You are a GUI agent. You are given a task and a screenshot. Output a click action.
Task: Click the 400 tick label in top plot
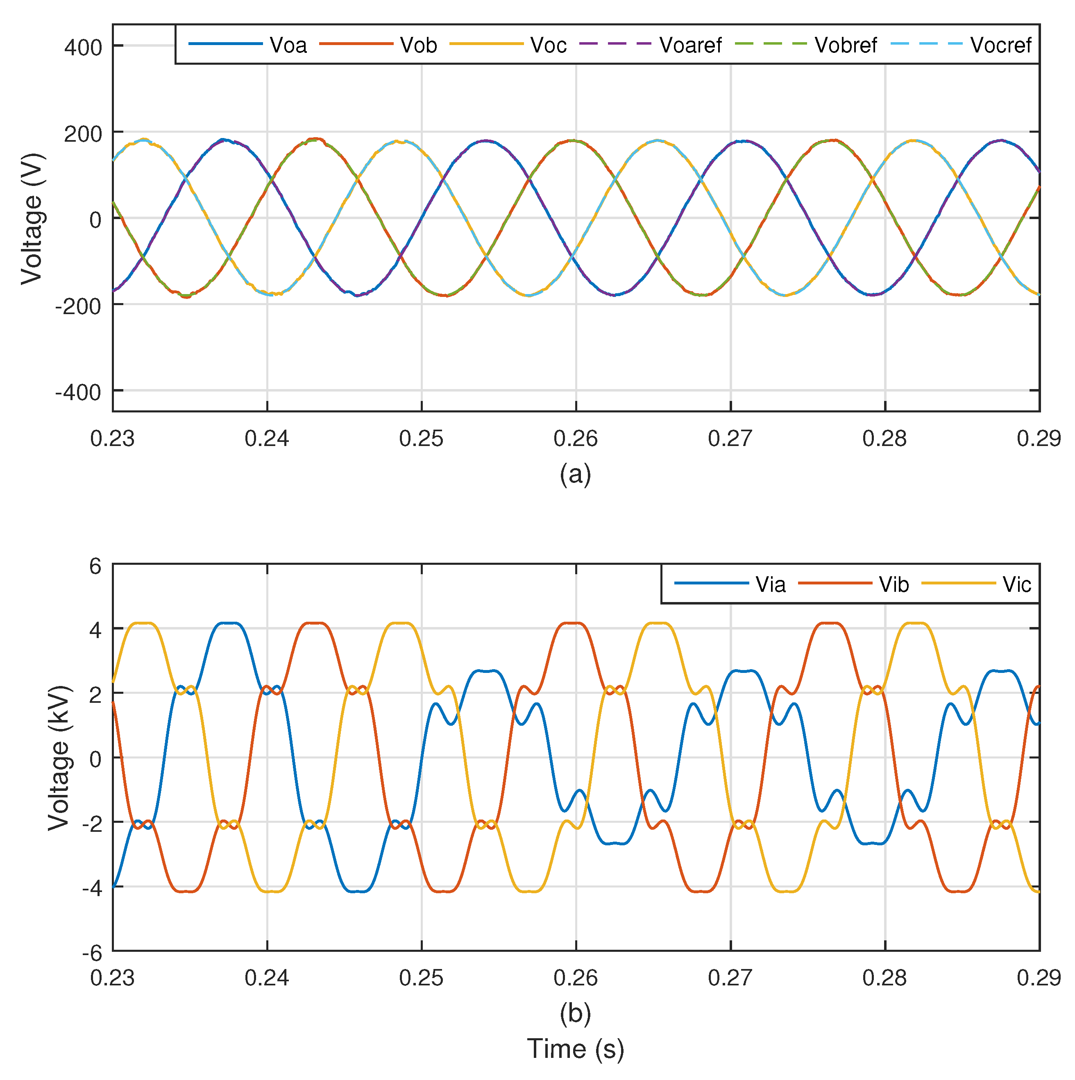(x=83, y=48)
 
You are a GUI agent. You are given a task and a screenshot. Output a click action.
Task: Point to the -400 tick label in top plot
(x=78, y=392)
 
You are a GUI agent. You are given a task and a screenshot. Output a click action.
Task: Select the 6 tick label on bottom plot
(x=95, y=567)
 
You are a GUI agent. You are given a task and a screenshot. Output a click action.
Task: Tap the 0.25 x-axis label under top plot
(x=421, y=439)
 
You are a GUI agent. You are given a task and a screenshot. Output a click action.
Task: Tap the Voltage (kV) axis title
(x=59, y=758)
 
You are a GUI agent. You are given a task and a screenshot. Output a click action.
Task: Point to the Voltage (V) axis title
(x=32, y=218)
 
